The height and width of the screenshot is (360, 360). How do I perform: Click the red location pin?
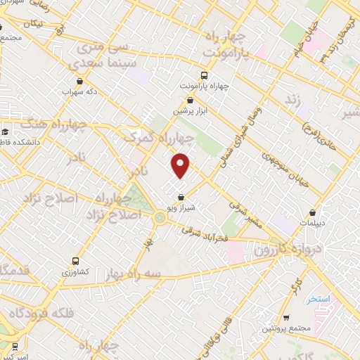[x=181, y=165]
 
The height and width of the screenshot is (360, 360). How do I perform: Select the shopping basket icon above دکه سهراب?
[x=79, y=81]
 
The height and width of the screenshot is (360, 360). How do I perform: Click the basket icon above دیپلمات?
[x=312, y=214]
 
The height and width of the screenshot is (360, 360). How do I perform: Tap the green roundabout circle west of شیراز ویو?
[x=160, y=219]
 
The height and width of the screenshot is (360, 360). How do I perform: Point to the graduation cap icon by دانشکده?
[x=5, y=131]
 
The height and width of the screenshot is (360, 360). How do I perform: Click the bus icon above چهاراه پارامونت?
[x=204, y=75]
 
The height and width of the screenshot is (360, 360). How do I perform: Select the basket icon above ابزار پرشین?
[x=191, y=101]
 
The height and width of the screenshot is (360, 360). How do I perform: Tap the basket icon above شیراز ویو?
[x=181, y=198]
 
